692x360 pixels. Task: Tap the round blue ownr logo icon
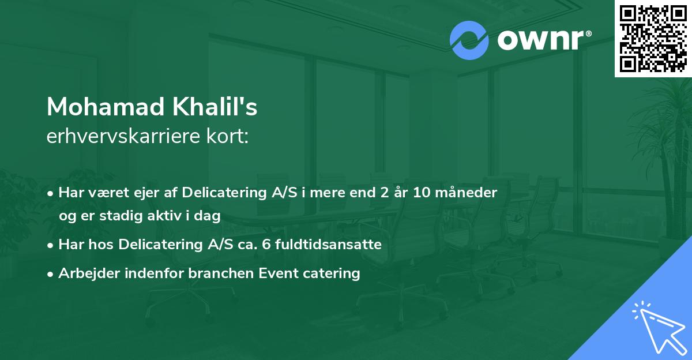(x=469, y=40)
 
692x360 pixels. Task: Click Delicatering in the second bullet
(x=157, y=245)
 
